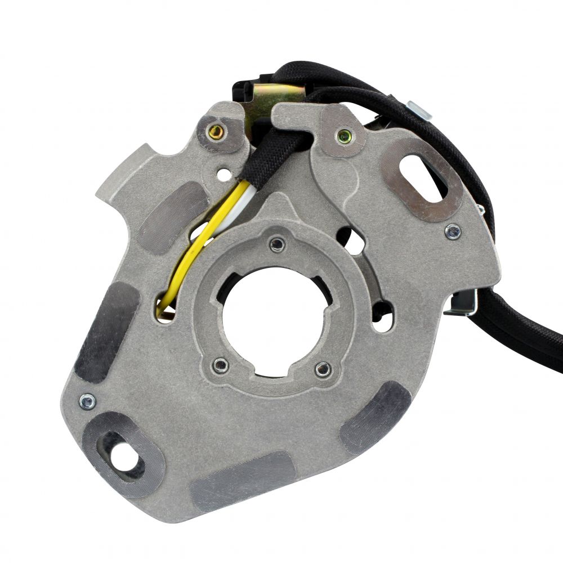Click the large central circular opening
point(265,324)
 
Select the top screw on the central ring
point(276,244)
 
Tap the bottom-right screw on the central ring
point(323,369)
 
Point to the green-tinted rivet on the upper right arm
point(342,136)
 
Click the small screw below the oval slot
point(452,231)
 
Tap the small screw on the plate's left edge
point(87,401)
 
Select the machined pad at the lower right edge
point(376,417)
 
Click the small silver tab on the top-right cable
point(419,109)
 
